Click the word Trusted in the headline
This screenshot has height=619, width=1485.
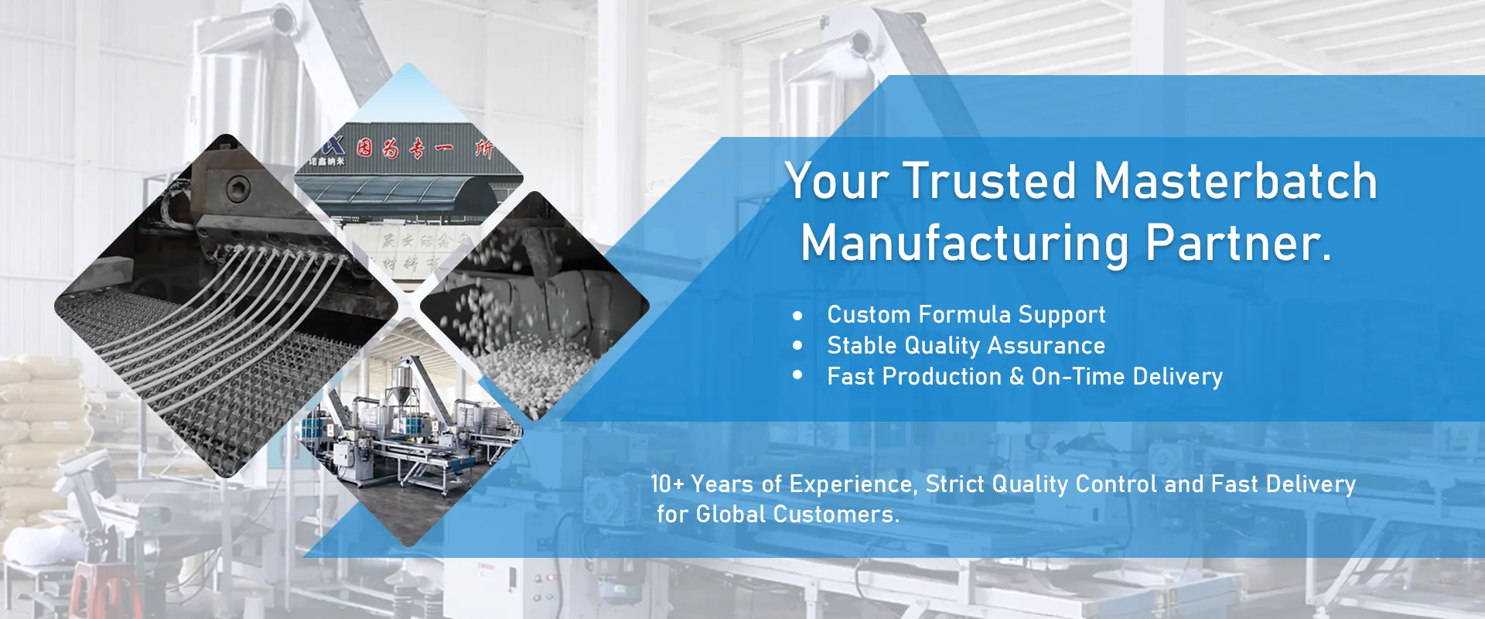[x=989, y=182]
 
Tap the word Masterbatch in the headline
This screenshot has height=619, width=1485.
[x=1235, y=182]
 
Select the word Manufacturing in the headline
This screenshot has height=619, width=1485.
[x=964, y=244]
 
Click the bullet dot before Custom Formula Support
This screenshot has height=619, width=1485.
[x=797, y=316]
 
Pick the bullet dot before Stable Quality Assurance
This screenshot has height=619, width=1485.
[x=797, y=346]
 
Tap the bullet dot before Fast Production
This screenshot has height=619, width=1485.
[x=797, y=375]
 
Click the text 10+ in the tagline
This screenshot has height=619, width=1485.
[x=667, y=484]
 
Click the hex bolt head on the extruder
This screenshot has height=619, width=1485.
[x=237, y=187]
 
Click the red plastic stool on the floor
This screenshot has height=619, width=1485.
[x=105, y=591]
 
